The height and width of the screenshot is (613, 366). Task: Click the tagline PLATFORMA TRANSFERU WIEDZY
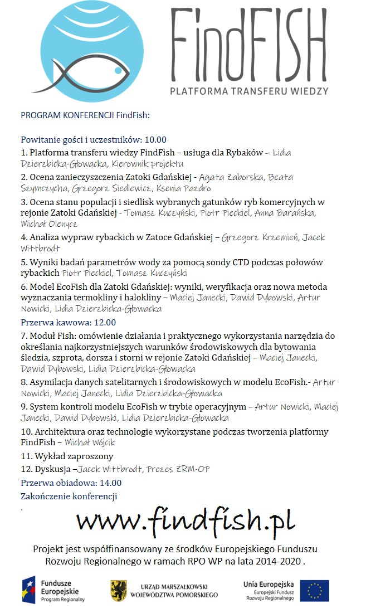pos(249,90)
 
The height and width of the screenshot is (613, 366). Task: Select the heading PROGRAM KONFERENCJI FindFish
pos(85,115)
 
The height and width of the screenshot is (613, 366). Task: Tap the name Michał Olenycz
pos(49,224)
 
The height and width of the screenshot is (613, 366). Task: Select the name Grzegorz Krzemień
pos(258,237)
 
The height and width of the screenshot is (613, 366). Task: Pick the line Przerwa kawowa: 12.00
pos(68,322)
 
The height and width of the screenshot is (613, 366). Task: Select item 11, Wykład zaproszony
pos(66,456)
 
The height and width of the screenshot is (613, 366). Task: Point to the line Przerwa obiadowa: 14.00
pos(71,483)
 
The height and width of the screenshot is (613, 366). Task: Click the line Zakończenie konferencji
pos(69,496)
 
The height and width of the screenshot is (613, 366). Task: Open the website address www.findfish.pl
pos(186,522)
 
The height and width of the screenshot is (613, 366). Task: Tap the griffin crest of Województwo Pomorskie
pos(118,590)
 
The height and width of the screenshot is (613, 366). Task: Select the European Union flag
pos(314,591)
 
